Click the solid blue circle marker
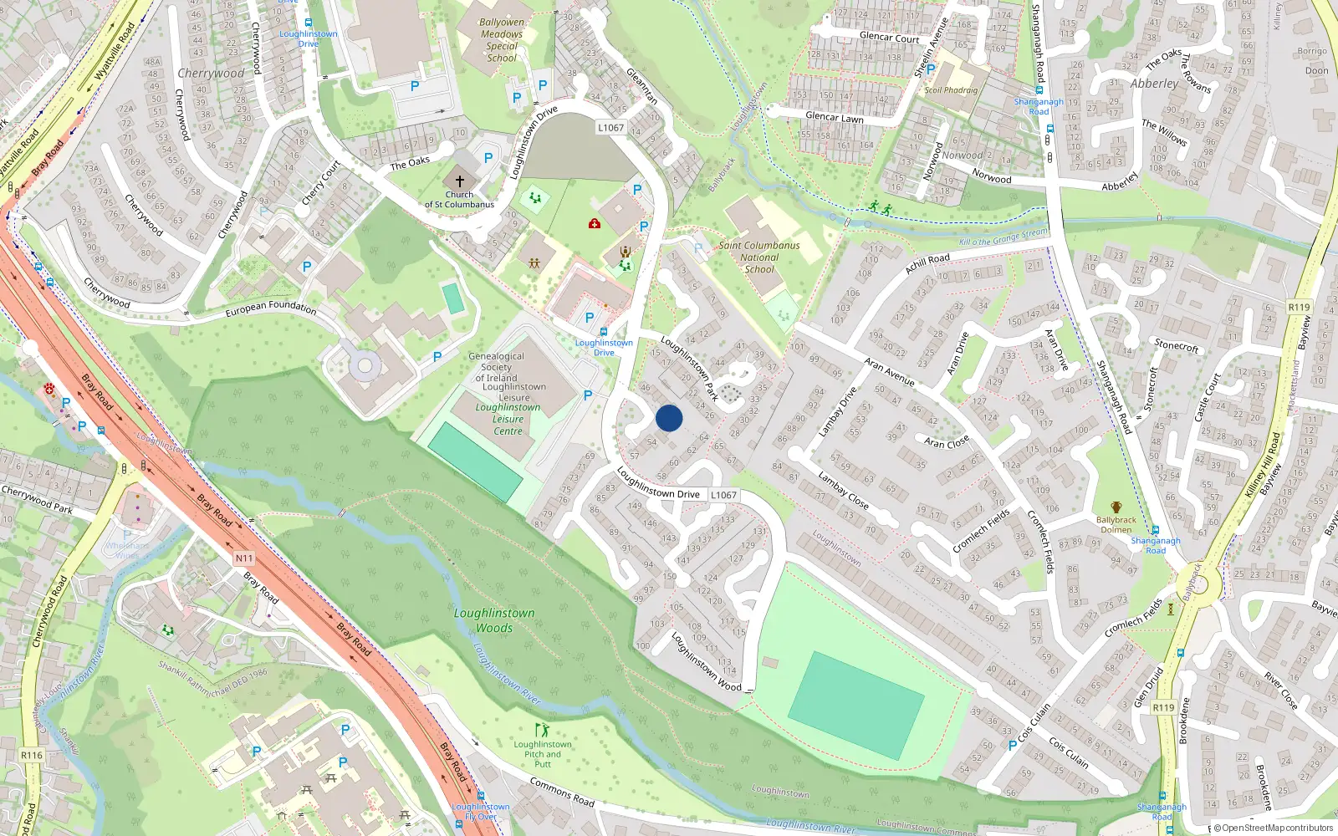(669, 418)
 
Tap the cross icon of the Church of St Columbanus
(459, 181)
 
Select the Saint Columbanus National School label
(759, 257)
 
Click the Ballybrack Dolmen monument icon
(1116, 507)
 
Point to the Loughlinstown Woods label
(494, 620)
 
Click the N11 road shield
(243, 558)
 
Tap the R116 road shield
(32, 755)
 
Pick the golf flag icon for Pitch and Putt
(542, 730)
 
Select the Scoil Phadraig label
(951, 90)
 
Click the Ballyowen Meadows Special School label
(502, 40)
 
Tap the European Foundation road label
(271, 308)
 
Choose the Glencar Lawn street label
(834, 118)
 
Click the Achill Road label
(927, 263)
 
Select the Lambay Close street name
(843, 491)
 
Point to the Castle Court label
(1207, 396)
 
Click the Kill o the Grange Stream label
(1003, 237)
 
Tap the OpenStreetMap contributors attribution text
(1274, 828)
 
